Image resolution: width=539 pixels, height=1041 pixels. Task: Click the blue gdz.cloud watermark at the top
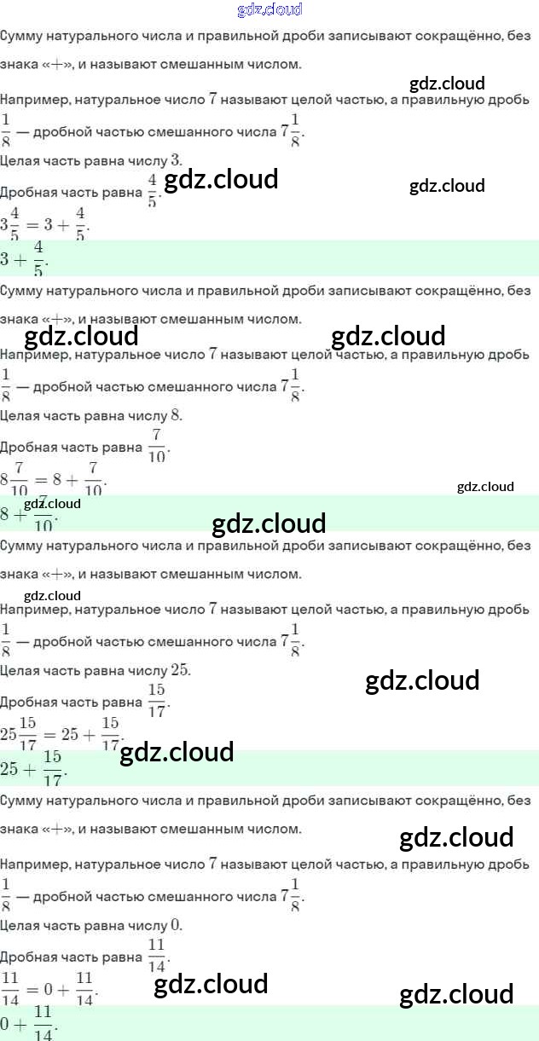coord(269,10)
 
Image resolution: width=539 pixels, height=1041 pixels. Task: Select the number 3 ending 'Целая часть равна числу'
coord(176,159)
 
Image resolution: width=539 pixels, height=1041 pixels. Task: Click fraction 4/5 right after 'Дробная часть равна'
coord(153,191)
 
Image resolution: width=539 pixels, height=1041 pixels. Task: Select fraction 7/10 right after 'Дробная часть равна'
coord(157,446)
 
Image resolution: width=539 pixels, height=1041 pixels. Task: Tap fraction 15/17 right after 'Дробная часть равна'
coord(157,701)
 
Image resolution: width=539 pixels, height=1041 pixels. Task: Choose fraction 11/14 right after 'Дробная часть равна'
coord(156,956)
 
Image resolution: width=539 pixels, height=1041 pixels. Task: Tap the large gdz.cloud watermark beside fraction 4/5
coord(221,180)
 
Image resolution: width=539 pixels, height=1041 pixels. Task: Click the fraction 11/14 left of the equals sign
coord(10,989)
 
